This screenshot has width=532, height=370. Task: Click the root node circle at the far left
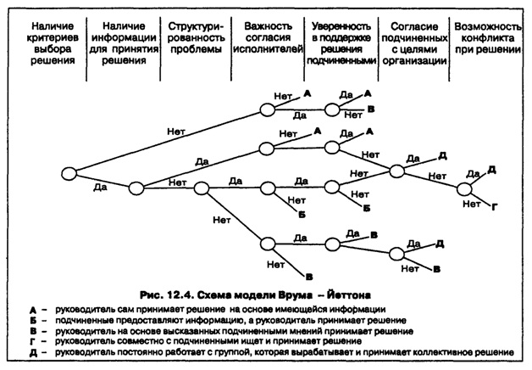click(x=69, y=173)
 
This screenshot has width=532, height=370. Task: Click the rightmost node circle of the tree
click(x=465, y=189)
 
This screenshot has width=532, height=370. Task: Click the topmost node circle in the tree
click(x=266, y=109)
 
